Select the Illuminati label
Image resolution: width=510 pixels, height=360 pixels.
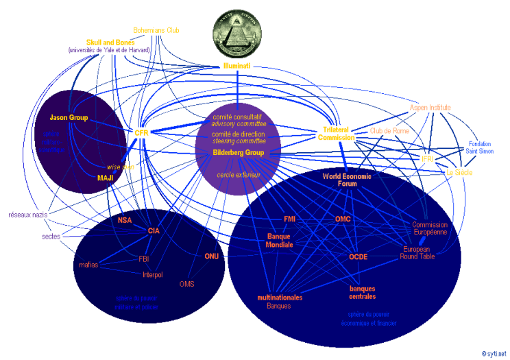tap(236, 66)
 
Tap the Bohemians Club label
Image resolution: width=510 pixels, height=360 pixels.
tap(156, 31)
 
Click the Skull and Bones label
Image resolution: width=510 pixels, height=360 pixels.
tap(110, 43)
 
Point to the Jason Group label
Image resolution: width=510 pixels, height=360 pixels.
tap(69, 118)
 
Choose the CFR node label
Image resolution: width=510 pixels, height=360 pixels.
tap(142, 133)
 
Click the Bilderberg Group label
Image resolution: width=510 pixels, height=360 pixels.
tap(238, 152)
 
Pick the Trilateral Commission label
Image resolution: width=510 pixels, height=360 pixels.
tap(337, 133)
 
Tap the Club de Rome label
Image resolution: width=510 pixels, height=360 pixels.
tap(386, 130)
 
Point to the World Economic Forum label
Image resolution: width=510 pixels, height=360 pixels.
tap(347, 180)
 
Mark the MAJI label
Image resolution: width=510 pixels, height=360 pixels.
tap(105, 178)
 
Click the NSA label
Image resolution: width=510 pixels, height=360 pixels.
tap(124, 220)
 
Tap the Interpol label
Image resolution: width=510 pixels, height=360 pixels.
tap(152, 275)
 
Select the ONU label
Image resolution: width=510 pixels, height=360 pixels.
tap(211, 256)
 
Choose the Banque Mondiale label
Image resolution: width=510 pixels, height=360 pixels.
tap(279, 240)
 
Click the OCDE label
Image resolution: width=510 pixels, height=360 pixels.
tap(359, 256)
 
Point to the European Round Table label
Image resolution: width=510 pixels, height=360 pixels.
tap(418, 252)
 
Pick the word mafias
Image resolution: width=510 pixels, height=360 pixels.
tap(88, 264)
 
